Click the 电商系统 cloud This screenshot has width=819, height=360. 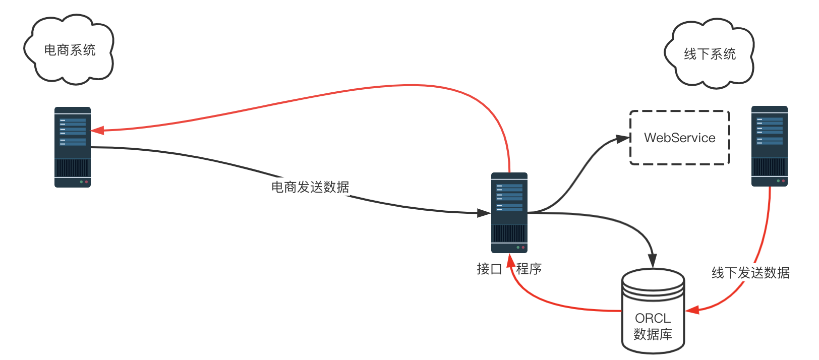[x=69, y=50]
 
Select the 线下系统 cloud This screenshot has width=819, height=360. [x=709, y=54]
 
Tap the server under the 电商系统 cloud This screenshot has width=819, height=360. [x=73, y=147]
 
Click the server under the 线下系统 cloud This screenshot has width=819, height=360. [x=769, y=146]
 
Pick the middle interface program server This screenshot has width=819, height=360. [x=509, y=212]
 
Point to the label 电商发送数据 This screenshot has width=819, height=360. [x=310, y=187]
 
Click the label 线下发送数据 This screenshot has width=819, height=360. [x=750, y=273]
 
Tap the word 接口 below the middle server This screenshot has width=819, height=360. [x=489, y=269]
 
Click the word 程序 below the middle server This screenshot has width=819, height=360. [x=529, y=269]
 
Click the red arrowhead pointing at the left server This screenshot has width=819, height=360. [x=97, y=131]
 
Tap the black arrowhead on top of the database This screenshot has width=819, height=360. [x=653, y=262]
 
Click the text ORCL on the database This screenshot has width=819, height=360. [x=653, y=318]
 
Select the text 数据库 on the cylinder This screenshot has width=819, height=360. [x=653, y=334]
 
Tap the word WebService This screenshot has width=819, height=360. [x=679, y=138]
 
